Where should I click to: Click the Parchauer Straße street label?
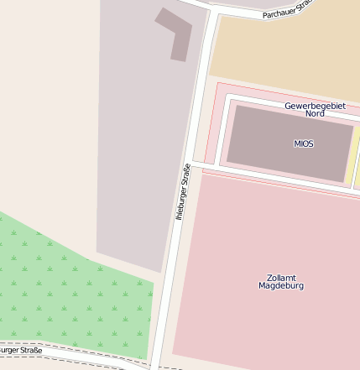pyautogui.click(x=288, y=9)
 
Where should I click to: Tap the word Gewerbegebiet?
pyautogui.click(x=315, y=106)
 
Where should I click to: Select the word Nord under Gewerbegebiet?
pyautogui.click(x=315, y=113)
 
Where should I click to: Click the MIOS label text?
pyautogui.click(x=304, y=143)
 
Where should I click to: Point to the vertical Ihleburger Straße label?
pyautogui.click(x=183, y=192)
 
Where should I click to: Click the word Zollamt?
pyautogui.click(x=281, y=277)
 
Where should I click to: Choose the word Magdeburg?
pyautogui.click(x=281, y=286)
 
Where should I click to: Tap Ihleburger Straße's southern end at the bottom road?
pyautogui.click(x=154, y=364)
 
